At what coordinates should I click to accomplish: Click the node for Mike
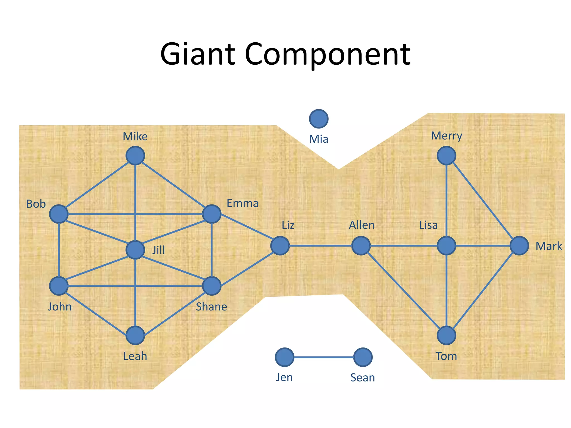(135, 156)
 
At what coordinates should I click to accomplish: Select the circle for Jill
(135, 250)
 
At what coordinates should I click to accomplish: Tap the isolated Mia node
(319, 119)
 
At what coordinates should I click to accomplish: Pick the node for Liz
(280, 246)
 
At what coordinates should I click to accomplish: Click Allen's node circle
(361, 246)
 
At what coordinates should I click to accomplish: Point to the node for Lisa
(446, 246)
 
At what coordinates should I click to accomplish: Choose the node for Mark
(519, 246)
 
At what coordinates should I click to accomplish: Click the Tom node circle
(446, 335)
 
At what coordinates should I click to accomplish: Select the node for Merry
(446, 156)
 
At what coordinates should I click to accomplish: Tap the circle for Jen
(284, 357)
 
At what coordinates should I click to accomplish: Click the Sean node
(363, 357)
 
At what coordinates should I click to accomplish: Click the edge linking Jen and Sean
(323, 357)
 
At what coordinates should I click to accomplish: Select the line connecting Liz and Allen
(321, 246)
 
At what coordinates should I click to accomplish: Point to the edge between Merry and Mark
(483, 201)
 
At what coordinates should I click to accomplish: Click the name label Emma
(242, 203)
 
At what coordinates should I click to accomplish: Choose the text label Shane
(211, 307)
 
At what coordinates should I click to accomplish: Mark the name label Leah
(135, 356)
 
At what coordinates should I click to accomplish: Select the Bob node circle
(59, 214)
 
